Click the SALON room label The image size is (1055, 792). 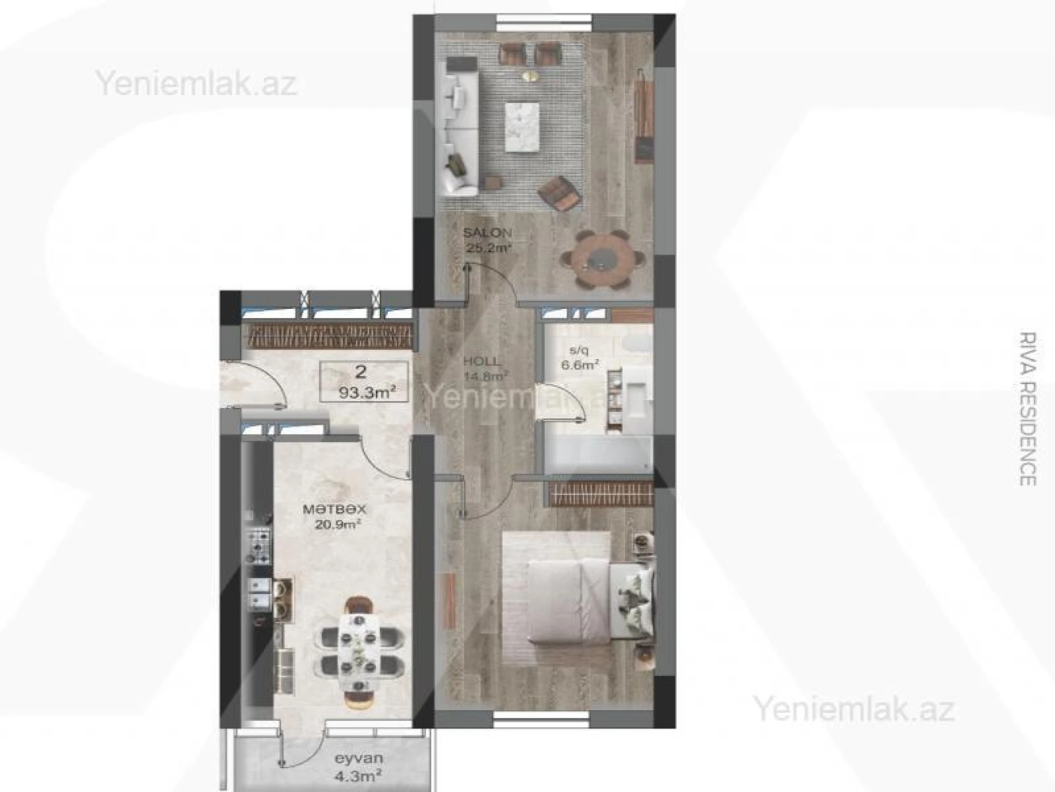coord(487,233)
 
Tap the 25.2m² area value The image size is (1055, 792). coord(487,247)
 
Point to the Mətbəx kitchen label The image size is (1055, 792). coord(335,509)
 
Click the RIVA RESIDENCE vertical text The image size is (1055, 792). coord(1028,409)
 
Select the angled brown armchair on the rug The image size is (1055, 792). coord(561,194)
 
